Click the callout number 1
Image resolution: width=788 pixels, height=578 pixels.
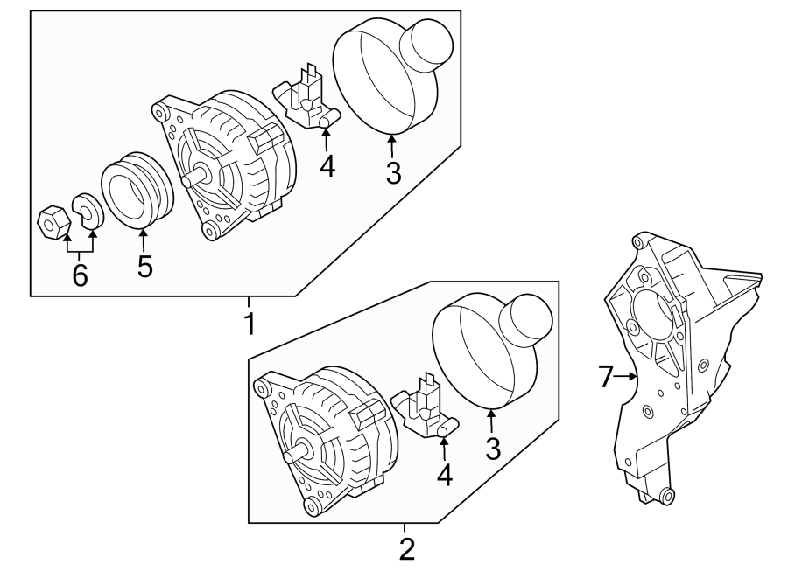(x=249, y=324)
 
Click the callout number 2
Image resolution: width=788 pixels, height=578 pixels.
(x=405, y=549)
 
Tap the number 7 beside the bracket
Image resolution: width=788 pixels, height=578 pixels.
(x=604, y=377)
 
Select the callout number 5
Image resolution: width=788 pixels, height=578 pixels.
(x=144, y=266)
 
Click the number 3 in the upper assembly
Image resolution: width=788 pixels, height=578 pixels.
(x=393, y=172)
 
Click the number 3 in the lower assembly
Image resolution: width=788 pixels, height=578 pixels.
(x=492, y=449)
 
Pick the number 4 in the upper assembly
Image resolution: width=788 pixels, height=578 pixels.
(x=327, y=165)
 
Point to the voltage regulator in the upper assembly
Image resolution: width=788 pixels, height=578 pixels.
(x=304, y=99)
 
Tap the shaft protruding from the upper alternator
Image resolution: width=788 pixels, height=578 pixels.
(x=192, y=180)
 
